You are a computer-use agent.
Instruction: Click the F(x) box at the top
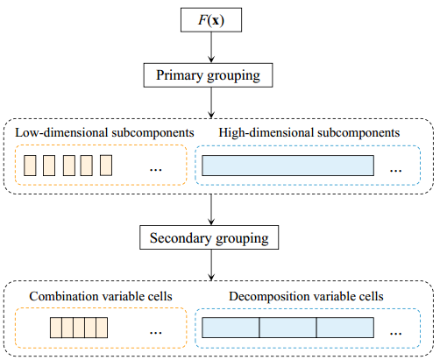point(211,20)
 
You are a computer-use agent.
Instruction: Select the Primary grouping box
point(208,75)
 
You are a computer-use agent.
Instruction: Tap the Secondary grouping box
point(209,237)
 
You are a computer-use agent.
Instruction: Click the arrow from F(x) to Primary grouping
point(211,47)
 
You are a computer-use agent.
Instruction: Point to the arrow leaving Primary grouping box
point(211,102)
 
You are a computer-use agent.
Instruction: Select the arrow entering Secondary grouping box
point(211,209)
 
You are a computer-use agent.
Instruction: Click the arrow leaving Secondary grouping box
point(211,265)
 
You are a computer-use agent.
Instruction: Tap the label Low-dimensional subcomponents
point(104,133)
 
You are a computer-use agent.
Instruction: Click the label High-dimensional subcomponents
point(309,133)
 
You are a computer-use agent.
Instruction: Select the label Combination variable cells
point(101,296)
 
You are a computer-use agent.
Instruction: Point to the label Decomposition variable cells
point(306,297)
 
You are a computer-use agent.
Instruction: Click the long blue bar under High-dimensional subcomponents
point(287,166)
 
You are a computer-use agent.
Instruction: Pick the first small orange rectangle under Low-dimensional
point(30,166)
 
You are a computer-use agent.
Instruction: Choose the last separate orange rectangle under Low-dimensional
point(106,166)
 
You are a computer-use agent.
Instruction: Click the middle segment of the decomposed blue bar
point(287,328)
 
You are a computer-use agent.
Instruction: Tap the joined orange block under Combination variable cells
point(79,328)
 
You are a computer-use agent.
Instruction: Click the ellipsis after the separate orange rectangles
point(156,170)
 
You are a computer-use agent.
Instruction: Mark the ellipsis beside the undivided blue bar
point(396,170)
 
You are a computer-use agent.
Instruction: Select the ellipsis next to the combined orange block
point(156,333)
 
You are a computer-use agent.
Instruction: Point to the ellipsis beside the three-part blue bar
point(396,333)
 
